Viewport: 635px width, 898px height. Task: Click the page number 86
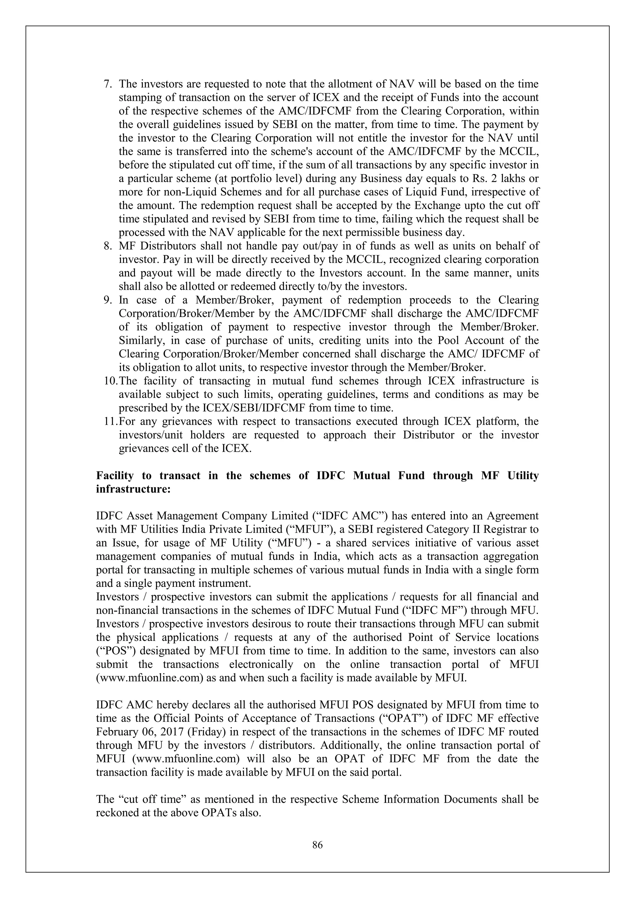[x=317, y=845]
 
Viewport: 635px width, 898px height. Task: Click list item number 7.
[x=107, y=84]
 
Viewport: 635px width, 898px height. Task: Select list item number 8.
[x=107, y=246]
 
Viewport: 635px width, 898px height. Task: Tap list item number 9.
[x=107, y=300]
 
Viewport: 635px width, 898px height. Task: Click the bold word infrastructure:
[x=133, y=489]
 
